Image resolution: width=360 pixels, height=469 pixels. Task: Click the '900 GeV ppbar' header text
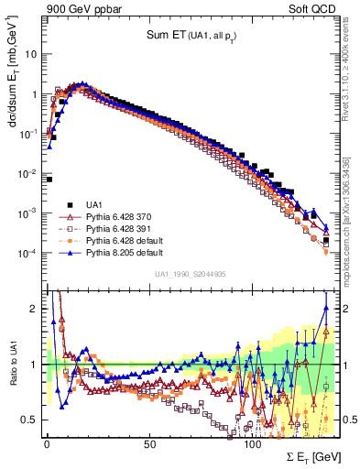pyautogui.click(x=78, y=9)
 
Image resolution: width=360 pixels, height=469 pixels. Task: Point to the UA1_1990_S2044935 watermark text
pyautogui.click(x=191, y=274)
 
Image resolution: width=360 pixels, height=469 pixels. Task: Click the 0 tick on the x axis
pyautogui.click(x=47, y=443)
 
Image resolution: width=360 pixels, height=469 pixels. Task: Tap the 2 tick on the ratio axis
pyautogui.click(x=35, y=308)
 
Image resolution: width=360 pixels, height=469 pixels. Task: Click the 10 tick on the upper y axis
pyautogui.click(x=30, y=53)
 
